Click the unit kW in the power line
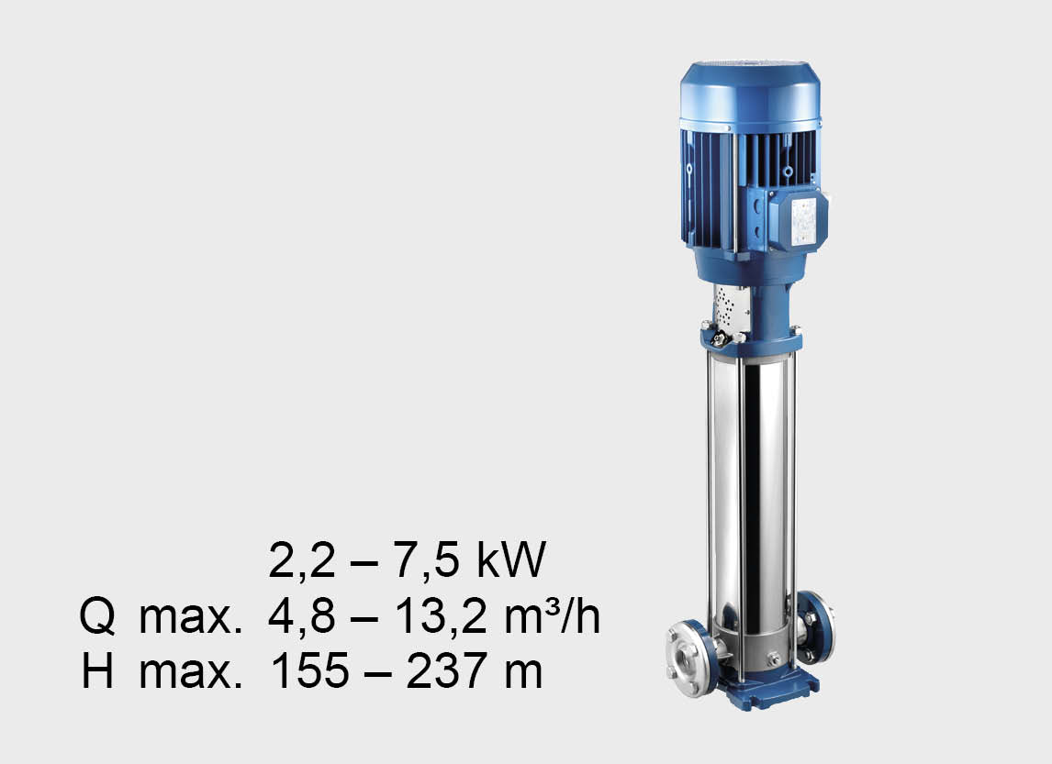click(511, 559)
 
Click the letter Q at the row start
click(97, 616)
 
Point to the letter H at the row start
click(97, 670)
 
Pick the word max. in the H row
click(190, 671)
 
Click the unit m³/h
click(553, 616)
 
